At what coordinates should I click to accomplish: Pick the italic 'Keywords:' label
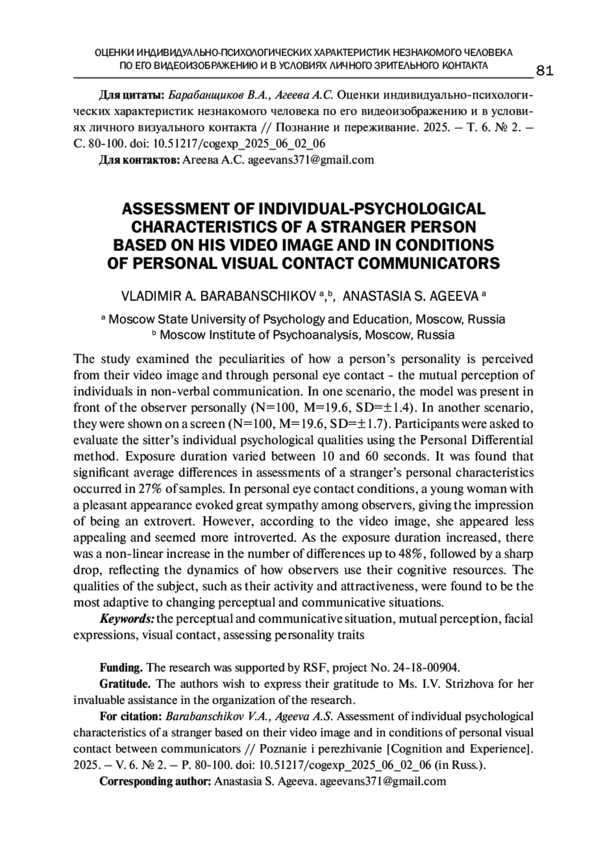pos(127,619)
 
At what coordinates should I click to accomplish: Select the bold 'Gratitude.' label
pos(125,684)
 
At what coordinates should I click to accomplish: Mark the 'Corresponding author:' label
pos(155,781)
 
